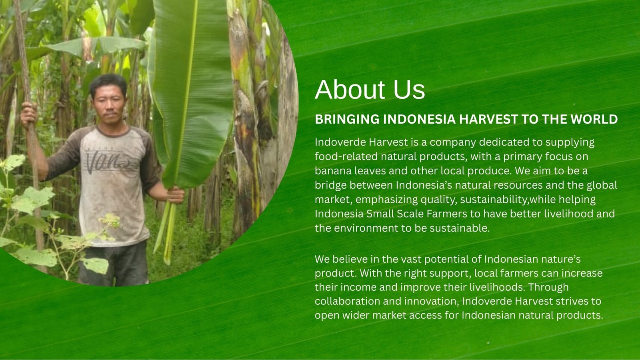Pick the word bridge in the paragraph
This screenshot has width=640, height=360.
pyautogui.click(x=330, y=186)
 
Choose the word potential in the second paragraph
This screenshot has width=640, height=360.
pyautogui.click(x=446, y=259)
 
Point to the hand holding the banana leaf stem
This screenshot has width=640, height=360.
pyautogui.click(x=175, y=195)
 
